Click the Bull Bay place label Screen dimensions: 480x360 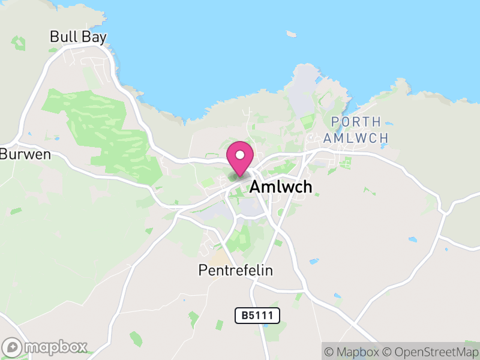pyautogui.click(x=78, y=37)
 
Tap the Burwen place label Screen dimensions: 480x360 pyautogui.click(x=25, y=154)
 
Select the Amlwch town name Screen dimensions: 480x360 pyautogui.click(x=281, y=187)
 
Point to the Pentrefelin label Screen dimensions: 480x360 pyautogui.click(x=235, y=271)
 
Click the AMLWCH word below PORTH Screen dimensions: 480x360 pyautogui.click(x=355, y=137)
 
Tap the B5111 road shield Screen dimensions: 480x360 pyautogui.click(x=257, y=315)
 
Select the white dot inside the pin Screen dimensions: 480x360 pyautogui.click(x=240, y=155)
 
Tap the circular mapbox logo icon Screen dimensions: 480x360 pyautogui.click(x=13, y=347)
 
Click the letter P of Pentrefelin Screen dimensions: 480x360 pyautogui.click(x=202, y=271)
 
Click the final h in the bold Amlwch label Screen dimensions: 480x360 pyautogui.click(x=307, y=187)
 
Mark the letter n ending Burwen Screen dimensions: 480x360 pyautogui.click(x=46, y=154)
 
